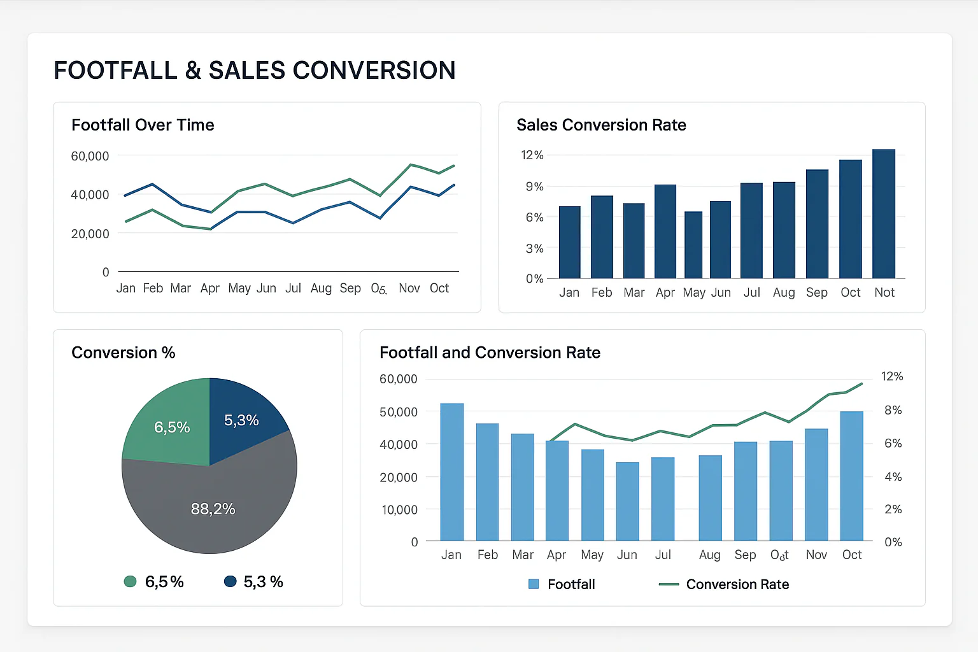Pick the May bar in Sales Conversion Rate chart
[693, 245]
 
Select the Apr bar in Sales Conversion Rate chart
[665, 232]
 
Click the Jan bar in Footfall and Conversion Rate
[452, 472]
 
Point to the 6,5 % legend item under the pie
[154, 581]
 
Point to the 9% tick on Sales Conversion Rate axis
[534, 187]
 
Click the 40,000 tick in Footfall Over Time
[90, 195]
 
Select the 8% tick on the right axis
[893, 410]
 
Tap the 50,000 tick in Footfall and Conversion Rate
[399, 412]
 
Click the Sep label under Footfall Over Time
[350, 288]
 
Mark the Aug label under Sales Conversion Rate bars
[784, 292]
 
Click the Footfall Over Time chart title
[143, 125]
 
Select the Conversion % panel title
[123, 353]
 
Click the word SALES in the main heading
[247, 71]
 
